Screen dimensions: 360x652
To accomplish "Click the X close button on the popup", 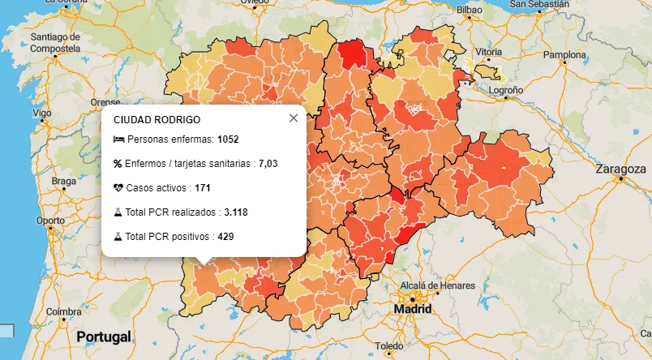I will tap(294, 118).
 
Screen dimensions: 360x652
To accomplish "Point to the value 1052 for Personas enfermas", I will tap(229, 139).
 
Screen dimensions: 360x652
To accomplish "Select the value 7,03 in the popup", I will tap(268, 164).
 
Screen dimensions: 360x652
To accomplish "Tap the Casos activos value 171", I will tap(203, 188).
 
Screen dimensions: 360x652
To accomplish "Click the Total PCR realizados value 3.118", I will tap(236, 212).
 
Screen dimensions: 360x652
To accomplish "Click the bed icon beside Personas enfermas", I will tap(118, 139).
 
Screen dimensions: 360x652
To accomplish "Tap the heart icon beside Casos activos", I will tap(118, 188).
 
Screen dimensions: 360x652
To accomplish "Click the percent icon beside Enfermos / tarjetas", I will tap(118, 164).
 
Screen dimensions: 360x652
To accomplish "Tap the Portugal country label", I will tap(104, 336).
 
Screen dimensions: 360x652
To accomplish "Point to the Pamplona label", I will tap(564, 55).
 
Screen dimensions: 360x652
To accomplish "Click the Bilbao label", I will tap(469, 11).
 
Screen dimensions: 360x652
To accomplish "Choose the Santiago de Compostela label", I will tap(54, 42).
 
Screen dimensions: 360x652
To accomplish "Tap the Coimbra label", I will tap(63, 311).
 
